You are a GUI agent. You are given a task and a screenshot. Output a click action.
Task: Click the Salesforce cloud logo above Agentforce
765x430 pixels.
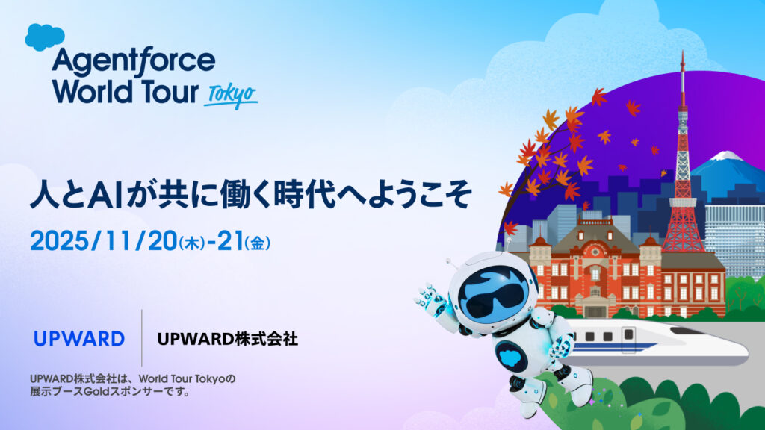[x=45, y=36]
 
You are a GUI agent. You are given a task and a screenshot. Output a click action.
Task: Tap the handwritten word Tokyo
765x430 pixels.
[x=231, y=95]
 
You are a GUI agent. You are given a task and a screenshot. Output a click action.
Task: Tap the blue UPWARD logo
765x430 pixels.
[x=79, y=339]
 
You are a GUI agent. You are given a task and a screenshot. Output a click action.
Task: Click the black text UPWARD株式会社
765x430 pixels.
[x=228, y=339]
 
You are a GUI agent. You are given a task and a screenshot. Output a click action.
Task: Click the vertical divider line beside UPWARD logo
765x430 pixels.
[x=141, y=338]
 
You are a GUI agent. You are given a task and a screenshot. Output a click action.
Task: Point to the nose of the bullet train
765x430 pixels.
[x=736, y=347]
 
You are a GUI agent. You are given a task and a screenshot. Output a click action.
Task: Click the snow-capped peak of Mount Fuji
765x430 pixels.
[x=723, y=158]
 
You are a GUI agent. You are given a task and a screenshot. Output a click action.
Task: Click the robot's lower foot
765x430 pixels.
[x=530, y=406]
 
